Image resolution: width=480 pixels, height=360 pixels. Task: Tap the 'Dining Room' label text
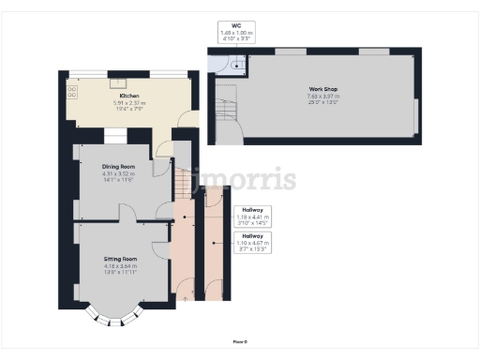(119, 166)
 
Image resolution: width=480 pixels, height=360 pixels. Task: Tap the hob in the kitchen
(72, 92)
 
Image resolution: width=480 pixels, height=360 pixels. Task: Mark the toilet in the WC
(236, 64)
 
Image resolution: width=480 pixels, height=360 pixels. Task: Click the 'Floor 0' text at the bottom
(239, 342)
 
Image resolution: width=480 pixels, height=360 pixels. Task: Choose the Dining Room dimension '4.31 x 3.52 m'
(119, 172)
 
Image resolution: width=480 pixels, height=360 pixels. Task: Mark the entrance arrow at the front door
(184, 298)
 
